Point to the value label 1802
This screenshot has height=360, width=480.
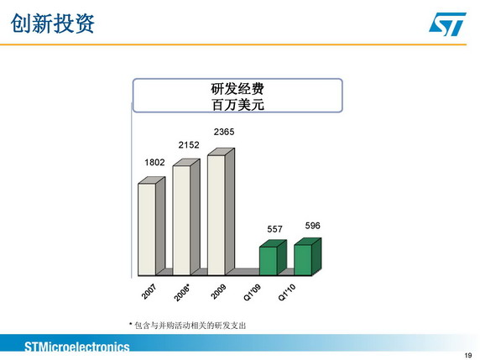(x=154, y=162)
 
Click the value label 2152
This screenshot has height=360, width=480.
(x=189, y=145)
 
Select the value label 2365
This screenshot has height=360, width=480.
(x=224, y=132)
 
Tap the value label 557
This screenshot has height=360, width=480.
(x=274, y=229)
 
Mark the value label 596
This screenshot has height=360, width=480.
(x=312, y=226)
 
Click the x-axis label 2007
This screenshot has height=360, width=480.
(x=149, y=291)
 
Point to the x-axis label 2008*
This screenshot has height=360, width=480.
(x=182, y=293)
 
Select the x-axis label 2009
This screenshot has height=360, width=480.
(x=218, y=291)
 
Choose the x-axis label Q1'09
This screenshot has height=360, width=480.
(x=253, y=292)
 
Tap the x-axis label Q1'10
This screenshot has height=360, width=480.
(x=287, y=292)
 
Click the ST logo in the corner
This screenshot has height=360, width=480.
(x=447, y=23)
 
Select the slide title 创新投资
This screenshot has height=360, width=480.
(x=52, y=23)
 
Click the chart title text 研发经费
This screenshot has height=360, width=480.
(x=237, y=89)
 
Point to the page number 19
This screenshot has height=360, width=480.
(x=468, y=355)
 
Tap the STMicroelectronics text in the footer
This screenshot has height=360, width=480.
(x=77, y=347)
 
